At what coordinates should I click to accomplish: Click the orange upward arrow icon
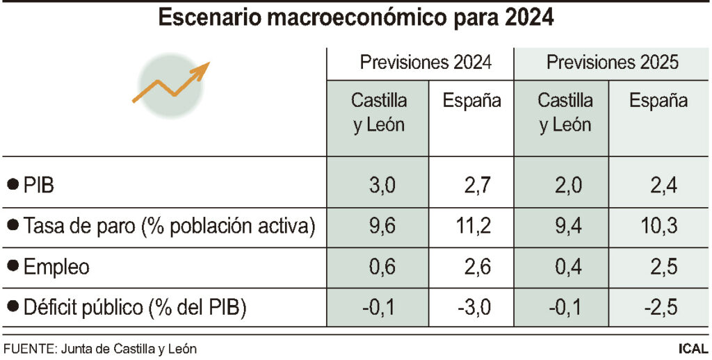(171, 82)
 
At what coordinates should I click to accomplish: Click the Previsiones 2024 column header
(426, 63)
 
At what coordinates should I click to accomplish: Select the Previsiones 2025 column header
(612, 63)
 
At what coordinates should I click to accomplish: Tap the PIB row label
(39, 186)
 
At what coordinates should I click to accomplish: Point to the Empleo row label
(56, 267)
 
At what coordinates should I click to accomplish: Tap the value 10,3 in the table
(658, 226)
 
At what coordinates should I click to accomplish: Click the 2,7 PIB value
(476, 186)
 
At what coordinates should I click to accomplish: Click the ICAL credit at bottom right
(693, 347)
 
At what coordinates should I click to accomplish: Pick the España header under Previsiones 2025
(658, 101)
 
